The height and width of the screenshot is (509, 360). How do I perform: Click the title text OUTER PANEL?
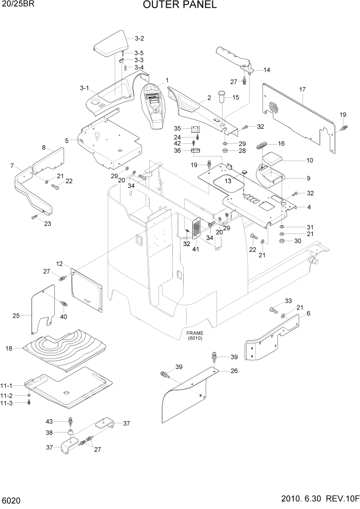pos(180,5)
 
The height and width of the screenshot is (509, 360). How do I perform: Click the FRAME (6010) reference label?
pos(195,336)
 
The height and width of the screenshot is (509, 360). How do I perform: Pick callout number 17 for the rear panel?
pos(303,89)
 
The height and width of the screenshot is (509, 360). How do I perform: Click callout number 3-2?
pos(139,38)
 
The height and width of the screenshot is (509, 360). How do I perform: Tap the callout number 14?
pos(267,70)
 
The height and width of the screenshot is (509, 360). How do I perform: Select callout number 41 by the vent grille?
pos(195,249)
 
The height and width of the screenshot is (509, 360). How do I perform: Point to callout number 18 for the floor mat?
pos(9,348)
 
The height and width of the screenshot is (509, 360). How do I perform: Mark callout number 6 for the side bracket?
pos(308,313)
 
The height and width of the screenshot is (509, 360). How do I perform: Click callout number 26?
pos(234,370)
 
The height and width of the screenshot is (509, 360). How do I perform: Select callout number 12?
pos(59,264)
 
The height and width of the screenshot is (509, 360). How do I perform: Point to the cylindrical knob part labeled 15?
pos(223,95)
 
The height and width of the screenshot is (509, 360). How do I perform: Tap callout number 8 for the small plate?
pos(44,147)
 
